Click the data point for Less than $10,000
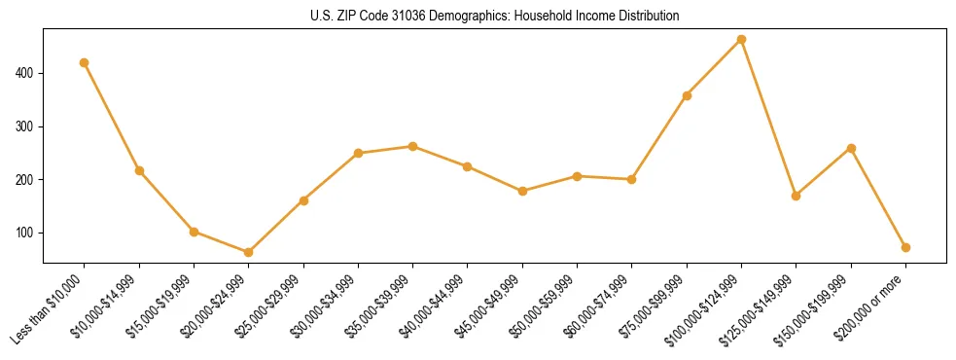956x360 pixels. pos(85,62)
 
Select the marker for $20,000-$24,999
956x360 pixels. pos(249,252)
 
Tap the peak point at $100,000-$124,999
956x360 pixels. pos(742,39)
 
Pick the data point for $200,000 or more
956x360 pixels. pos(906,247)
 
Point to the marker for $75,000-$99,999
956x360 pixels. pos(687,95)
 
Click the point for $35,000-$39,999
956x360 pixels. pos(413,146)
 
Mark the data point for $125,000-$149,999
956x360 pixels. pos(797,196)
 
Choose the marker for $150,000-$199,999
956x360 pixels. pos(851,148)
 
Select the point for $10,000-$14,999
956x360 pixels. pos(139,170)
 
